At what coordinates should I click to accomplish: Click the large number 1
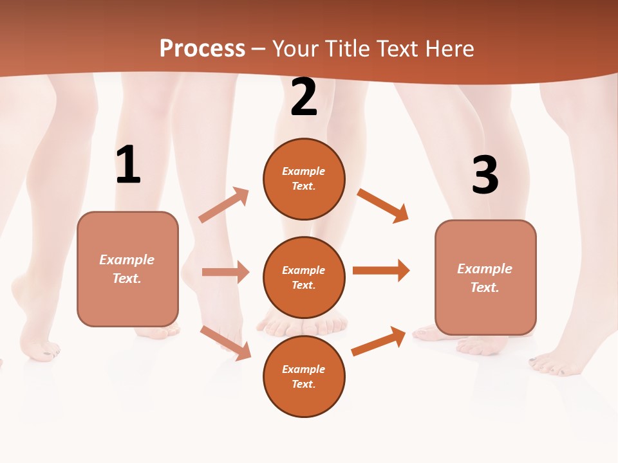click(x=128, y=165)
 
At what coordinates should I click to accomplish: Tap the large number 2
click(x=304, y=97)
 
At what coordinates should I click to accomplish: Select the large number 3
click(x=485, y=175)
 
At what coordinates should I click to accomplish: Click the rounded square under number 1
click(x=127, y=269)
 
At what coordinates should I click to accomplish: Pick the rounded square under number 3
click(x=485, y=278)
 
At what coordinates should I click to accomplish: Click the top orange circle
click(x=304, y=179)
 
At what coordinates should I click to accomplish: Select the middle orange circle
click(x=304, y=277)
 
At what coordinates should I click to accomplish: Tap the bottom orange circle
click(x=304, y=376)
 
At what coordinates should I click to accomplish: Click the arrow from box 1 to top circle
click(x=224, y=205)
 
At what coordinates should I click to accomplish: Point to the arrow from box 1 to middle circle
click(x=225, y=272)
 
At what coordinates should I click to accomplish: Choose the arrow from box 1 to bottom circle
click(x=225, y=342)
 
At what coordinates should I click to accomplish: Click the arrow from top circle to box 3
click(x=383, y=205)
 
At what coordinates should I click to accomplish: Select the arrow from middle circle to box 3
click(x=381, y=271)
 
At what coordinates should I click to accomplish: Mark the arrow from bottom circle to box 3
click(x=379, y=341)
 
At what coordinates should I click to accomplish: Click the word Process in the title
click(x=202, y=48)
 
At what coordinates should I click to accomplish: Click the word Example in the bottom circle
click(x=304, y=369)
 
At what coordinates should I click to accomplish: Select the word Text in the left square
click(x=127, y=278)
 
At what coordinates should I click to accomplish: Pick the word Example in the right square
click(x=485, y=269)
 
